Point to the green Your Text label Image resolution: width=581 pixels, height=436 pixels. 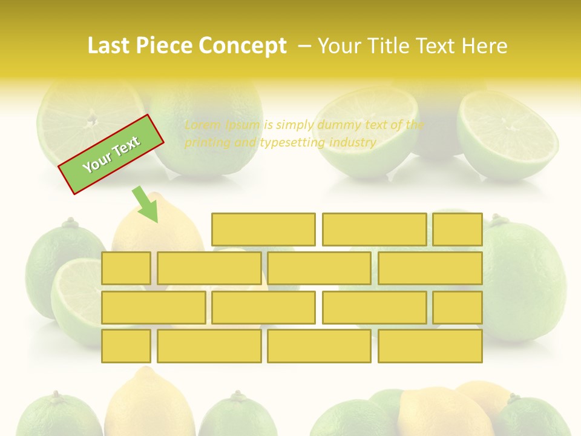111,154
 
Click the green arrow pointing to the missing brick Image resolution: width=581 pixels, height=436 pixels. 145,204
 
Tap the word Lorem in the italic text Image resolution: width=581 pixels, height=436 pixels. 202,125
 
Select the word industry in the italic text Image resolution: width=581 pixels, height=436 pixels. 353,143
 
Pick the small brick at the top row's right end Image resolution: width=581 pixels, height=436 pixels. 458,230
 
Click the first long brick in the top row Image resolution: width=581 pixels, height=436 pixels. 263,230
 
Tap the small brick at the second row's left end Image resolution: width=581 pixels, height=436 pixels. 126,268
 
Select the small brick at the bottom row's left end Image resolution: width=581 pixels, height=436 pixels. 126,346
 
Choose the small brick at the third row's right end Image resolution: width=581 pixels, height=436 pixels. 458,308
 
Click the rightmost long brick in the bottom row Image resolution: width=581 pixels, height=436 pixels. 430,346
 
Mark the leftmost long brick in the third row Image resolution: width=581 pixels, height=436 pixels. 153,308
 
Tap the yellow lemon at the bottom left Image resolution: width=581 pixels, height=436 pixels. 148,403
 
